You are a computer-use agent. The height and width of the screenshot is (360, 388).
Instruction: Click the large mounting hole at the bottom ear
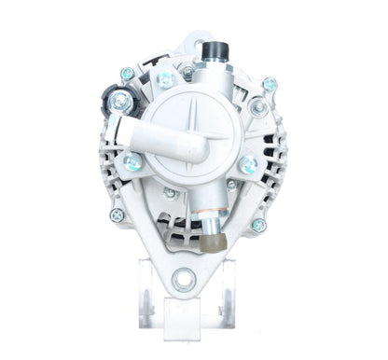(x=184, y=277)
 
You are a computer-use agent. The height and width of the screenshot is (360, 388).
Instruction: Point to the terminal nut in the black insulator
(x=120, y=99)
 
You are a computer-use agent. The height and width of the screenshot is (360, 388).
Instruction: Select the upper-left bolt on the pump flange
(x=165, y=80)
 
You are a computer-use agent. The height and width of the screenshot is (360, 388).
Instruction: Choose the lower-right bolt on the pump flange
(x=248, y=165)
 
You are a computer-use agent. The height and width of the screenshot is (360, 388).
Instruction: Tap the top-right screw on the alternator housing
(x=270, y=84)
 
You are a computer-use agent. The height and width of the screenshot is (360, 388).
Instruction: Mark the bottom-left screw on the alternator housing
(x=117, y=215)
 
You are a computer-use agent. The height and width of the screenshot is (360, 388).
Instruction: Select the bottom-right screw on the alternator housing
(x=258, y=225)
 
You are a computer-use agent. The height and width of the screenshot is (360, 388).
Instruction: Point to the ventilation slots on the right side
(x=274, y=154)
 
